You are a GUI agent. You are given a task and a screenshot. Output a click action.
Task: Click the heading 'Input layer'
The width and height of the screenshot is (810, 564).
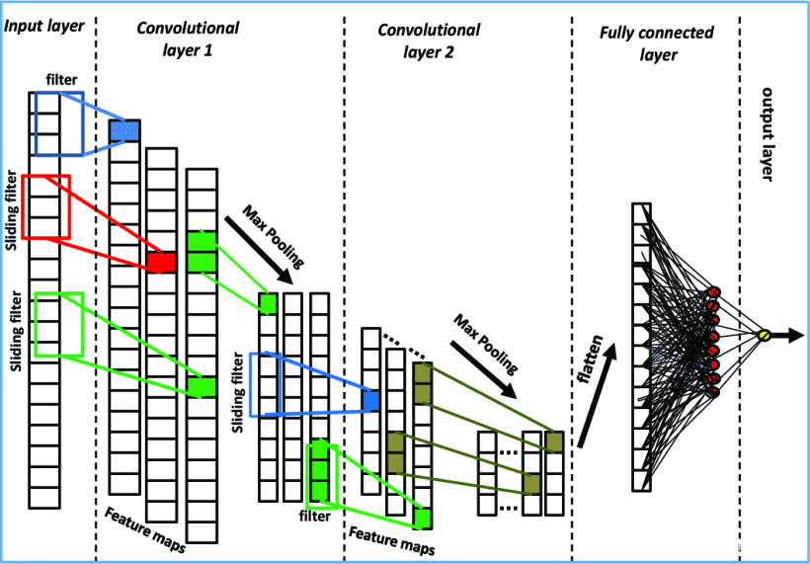click(x=44, y=24)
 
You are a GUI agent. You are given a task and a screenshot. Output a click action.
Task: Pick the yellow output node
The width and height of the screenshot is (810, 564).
click(x=763, y=337)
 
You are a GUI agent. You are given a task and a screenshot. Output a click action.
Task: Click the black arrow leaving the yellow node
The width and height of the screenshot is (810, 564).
click(x=786, y=337)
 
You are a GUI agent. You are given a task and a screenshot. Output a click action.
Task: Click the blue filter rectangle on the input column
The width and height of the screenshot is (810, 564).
click(x=58, y=123)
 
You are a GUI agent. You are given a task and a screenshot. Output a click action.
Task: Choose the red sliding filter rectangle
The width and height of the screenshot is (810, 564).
click(x=45, y=206)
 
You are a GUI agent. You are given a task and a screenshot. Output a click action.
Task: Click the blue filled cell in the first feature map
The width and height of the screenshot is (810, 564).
click(x=124, y=130)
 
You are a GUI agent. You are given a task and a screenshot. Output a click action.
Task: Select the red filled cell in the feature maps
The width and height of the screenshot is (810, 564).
click(x=161, y=262)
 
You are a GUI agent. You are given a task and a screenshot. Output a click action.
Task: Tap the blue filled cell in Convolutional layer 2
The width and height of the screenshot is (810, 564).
click(x=370, y=400)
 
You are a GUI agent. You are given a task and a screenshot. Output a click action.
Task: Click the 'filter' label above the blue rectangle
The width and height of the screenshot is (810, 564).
click(x=60, y=78)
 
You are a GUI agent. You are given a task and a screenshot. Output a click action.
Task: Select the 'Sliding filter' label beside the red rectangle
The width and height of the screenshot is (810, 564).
click(x=11, y=209)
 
